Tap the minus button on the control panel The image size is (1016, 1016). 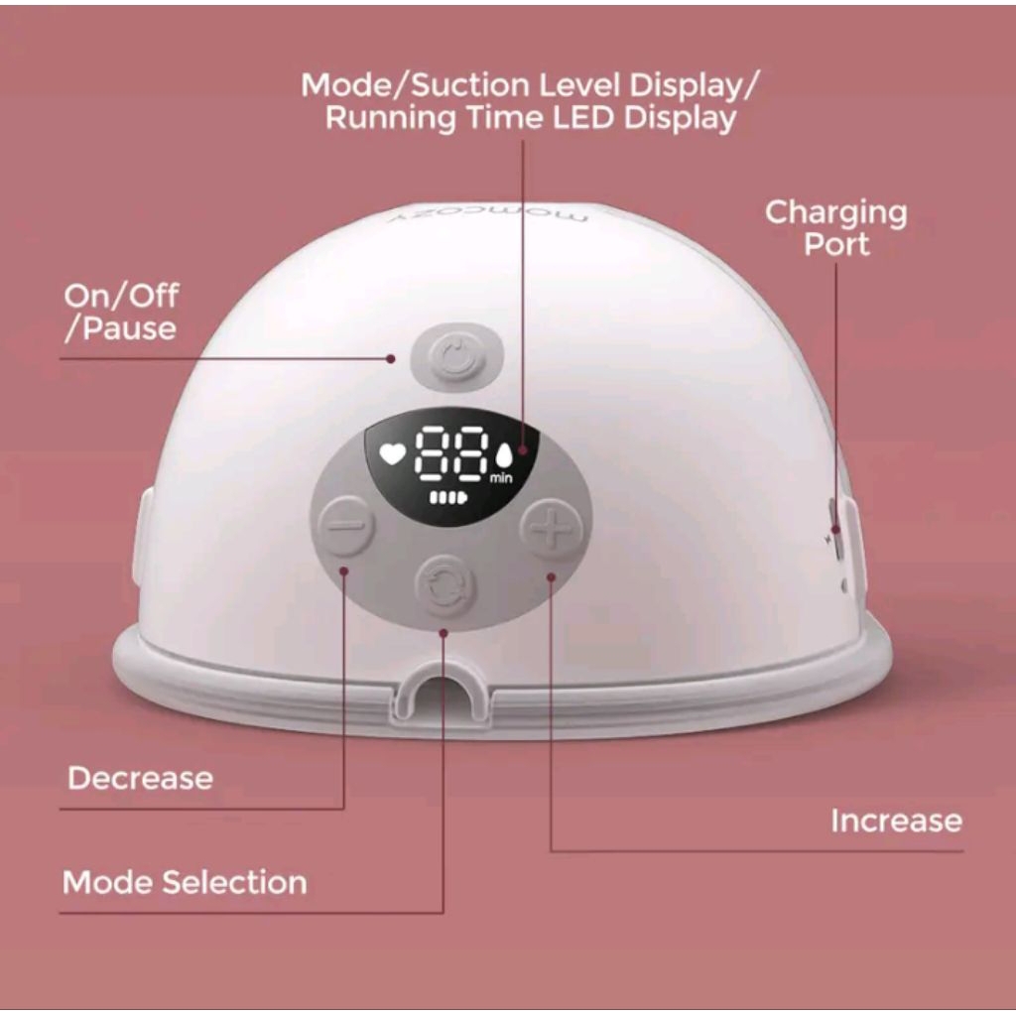click(346, 525)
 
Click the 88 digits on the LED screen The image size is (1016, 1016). click(451, 455)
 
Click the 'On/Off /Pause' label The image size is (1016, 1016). click(121, 312)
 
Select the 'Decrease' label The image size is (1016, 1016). click(140, 777)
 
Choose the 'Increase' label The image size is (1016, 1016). click(896, 821)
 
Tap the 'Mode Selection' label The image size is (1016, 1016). click(185, 882)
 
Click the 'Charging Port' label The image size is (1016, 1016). click(835, 227)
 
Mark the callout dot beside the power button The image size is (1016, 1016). click(394, 359)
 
